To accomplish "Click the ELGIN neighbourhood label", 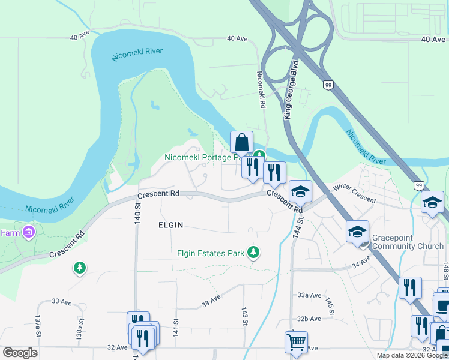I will pos(170,225).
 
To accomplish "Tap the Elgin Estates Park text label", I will pos(211,253).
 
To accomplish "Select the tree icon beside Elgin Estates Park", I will pos(253,253).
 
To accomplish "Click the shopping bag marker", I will pos(241,143).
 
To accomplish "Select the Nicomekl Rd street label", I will pos(261,89).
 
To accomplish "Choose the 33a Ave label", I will pos(310,295).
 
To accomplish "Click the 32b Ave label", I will pos(310,319).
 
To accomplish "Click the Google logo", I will pos(20,353).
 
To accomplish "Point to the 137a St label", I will pos(38,330).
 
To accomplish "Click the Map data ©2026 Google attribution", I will pos(411,355).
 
